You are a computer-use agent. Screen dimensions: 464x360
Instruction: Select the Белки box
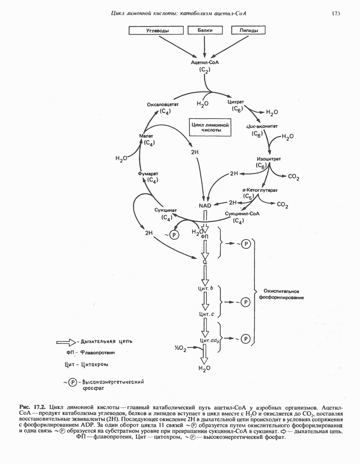point(205,30)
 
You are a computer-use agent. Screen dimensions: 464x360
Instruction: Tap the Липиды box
point(249,30)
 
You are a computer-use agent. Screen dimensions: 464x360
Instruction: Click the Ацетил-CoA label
point(205,62)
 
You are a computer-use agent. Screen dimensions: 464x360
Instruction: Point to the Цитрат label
point(236,102)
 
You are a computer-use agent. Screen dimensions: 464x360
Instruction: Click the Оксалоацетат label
point(162,105)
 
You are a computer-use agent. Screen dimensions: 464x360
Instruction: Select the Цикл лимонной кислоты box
point(210,127)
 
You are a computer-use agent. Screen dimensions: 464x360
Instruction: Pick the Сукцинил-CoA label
point(242,213)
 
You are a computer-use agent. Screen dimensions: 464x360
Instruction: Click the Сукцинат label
point(166,210)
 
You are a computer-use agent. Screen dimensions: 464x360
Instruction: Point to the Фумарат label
point(148,173)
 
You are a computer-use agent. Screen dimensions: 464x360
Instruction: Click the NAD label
point(205,205)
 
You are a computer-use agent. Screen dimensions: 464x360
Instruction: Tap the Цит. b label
point(206,288)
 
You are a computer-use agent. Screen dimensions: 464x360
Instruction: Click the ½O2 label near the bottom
point(180,349)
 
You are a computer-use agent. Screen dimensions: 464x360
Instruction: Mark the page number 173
point(335,14)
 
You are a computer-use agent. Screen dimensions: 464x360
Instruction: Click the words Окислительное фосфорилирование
point(281,294)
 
